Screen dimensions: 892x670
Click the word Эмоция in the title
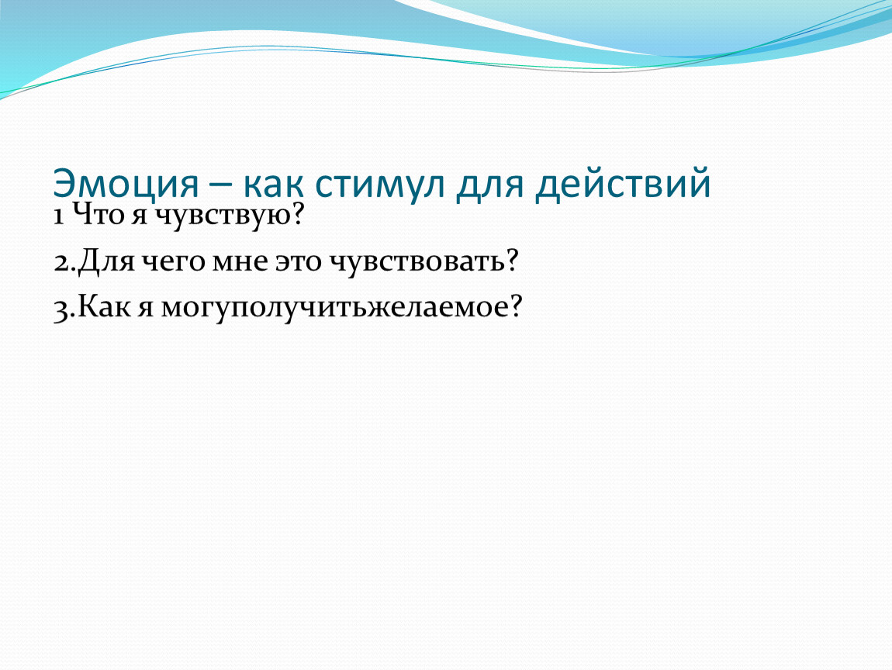pos(126,183)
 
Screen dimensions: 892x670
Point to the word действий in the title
pos(622,183)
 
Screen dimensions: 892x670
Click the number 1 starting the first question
pos(58,216)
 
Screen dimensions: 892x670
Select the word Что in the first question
pos(99,215)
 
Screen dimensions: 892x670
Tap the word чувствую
pos(223,217)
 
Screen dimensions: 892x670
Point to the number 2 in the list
pos(61,263)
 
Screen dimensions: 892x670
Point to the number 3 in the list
pos(61,310)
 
